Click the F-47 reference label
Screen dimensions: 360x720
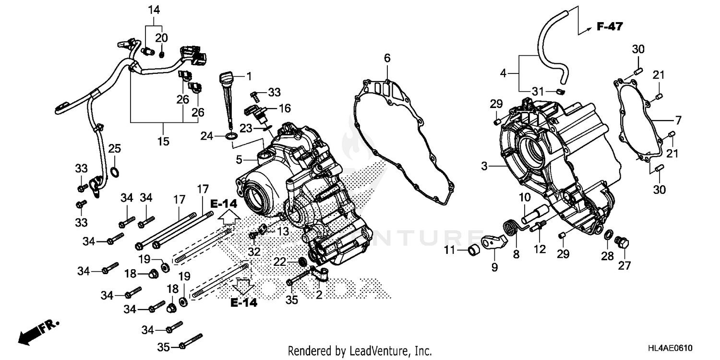pos(609,27)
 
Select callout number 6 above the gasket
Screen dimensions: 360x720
pos(387,58)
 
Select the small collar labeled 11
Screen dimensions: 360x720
pos(474,250)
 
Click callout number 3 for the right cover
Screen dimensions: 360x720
pos(485,166)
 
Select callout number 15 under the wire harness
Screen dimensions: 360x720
pos(164,141)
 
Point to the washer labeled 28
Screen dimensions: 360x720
pos(608,235)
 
